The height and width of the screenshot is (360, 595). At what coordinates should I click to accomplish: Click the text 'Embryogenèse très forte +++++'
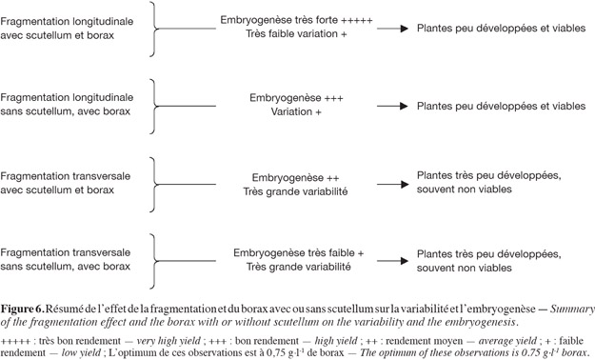(x=296, y=20)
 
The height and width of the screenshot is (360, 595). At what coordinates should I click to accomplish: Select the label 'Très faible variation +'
(x=296, y=33)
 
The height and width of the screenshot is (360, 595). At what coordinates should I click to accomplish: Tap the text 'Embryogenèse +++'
(x=296, y=98)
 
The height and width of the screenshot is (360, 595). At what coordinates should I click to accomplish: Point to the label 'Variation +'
(x=296, y=112)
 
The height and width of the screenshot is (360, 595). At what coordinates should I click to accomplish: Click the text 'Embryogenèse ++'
(x=296, y=178)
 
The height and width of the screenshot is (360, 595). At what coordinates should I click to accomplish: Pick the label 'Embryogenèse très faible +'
(x=298, y=253)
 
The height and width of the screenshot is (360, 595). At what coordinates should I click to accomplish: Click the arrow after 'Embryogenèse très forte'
(x=393, y=29)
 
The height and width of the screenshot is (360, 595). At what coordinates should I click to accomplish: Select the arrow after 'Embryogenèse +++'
(x=393, y=107)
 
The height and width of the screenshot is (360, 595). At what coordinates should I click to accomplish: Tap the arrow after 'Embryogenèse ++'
(x=393, y=185)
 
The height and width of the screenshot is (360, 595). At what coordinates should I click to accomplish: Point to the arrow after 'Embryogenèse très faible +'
(x=393, y=261)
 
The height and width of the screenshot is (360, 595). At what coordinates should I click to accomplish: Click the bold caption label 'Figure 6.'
(x=23, y=309)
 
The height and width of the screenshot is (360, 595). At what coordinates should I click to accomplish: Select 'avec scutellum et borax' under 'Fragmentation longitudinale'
(x=57, y=35)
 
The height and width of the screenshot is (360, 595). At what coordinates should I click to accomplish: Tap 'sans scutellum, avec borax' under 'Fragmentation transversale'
(x=66, y=267)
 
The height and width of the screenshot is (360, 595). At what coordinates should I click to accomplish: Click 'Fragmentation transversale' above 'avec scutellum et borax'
(x=66, y=176)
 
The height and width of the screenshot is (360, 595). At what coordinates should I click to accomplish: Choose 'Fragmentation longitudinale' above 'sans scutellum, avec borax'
(x=67, y=97)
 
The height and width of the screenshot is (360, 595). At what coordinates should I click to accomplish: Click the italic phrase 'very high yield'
(x=169, y=341)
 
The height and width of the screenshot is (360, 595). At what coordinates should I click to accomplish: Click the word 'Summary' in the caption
(x=572, y=310)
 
